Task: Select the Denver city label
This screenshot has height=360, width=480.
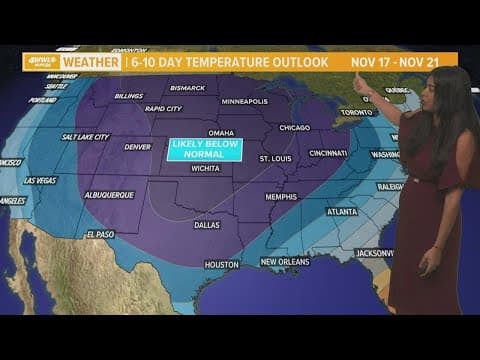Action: pos(137,146)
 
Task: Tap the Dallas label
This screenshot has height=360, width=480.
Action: pos(208,225)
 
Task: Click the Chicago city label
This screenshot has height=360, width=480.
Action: pos(295,127)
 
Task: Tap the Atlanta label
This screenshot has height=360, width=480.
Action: pos(343,211)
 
